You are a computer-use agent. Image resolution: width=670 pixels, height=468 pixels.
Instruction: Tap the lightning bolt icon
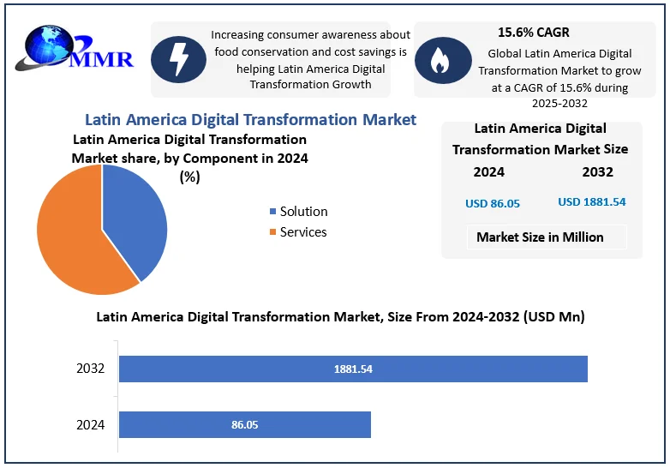pos(178,59)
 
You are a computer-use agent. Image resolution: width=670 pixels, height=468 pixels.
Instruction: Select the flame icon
pos(442,60)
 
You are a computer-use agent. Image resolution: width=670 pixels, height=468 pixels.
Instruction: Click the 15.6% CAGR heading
pos(533,33)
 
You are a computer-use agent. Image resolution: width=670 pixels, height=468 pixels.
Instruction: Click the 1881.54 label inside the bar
pos(353,369)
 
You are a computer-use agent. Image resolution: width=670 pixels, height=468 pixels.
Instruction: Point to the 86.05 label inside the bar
pos(244,424)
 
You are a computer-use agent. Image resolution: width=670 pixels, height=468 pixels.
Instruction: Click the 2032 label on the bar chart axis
pos(90,369)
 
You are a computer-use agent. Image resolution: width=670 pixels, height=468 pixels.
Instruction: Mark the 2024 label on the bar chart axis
pos(90,424)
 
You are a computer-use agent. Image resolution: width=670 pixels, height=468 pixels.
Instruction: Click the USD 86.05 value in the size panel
pos(493,203)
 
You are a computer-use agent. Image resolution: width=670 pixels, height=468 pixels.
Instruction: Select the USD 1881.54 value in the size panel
pos(592,202)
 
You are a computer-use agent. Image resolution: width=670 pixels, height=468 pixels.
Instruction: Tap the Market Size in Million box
pos(540,237)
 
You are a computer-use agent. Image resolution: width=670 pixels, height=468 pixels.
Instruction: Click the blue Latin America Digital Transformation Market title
pos(250,120)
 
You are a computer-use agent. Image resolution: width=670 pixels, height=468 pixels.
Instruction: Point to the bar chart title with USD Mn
pos(340,317)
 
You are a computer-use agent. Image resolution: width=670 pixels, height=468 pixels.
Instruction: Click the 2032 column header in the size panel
pos(597,171)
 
